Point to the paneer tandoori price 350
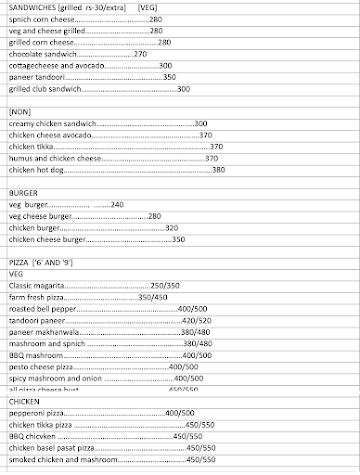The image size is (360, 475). coord(169,77)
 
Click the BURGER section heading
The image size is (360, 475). coord(24,192)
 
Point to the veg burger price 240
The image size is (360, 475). coord(118,204)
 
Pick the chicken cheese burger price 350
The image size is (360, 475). coord(178,240)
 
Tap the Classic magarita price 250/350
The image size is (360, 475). coord(164,285)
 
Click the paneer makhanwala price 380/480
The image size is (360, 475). coord(194,332)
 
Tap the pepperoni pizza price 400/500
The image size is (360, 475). coord(179,412)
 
